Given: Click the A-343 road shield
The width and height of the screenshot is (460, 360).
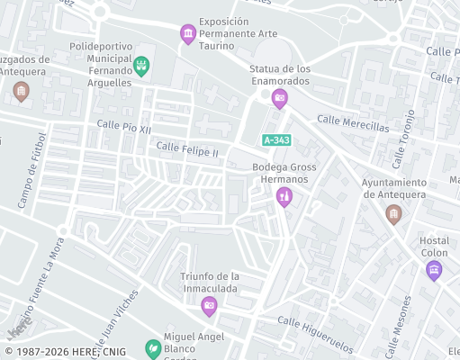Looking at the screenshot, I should coord(275,139).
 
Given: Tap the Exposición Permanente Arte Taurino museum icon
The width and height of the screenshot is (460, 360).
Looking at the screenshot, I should coord(187,34).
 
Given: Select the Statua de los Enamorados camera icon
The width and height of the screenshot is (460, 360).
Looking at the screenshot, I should coord(279,97).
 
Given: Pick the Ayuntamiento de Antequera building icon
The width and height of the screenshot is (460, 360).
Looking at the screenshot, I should coord(392,213).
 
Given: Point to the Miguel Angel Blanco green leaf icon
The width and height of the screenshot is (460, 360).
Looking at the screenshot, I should coord(153,347).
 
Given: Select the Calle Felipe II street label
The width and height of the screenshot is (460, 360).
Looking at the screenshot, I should coord(187,148).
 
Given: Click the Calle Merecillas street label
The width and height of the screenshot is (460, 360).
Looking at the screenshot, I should coord(353,122).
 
